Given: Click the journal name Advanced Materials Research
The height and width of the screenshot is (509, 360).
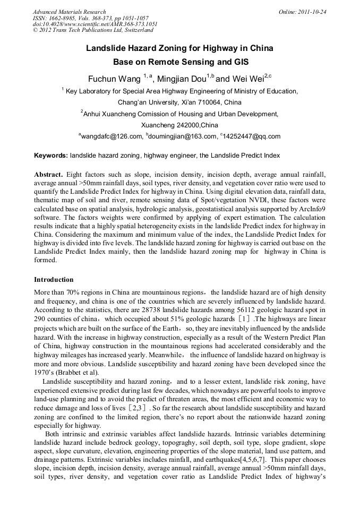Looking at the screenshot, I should click(70, 12).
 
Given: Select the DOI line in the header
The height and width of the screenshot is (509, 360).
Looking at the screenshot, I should click(95, 24).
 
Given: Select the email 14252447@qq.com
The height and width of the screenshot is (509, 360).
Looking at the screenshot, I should click(253, 136).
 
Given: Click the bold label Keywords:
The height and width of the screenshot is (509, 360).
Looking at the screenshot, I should click(51, 156).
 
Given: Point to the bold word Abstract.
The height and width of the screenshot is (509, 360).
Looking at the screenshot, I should click(49, 174).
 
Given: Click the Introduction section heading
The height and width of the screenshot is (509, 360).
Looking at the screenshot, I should click(54, 279).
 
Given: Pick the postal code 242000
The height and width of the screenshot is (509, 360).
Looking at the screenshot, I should click(173, 125).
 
